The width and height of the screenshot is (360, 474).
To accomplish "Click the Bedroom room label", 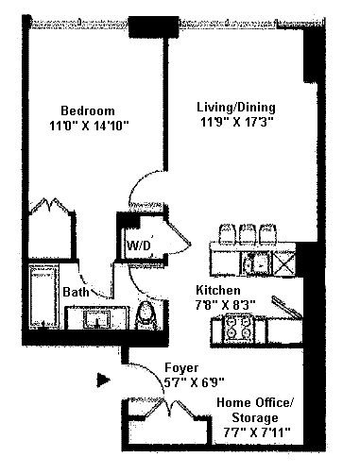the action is point(88,110).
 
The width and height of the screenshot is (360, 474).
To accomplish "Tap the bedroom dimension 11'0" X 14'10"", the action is point(89,126).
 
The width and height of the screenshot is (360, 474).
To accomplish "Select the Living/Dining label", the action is point(236,108).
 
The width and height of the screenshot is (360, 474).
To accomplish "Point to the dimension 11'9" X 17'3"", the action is point(236,122).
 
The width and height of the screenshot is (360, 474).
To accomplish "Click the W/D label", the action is point(139,245).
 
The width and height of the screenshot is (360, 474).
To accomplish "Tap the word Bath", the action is point(76,292).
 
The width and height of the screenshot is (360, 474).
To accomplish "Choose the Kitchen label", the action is point(218,290).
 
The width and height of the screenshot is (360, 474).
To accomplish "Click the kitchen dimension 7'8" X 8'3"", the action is point(225,305).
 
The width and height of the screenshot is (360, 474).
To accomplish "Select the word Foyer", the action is point(181,368).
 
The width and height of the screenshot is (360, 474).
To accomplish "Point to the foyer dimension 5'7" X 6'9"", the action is point(195,382).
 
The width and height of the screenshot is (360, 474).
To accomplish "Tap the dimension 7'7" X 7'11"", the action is point(257,432).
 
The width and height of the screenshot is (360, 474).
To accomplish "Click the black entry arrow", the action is point(103,381).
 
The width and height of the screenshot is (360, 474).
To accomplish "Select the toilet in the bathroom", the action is point(146,315).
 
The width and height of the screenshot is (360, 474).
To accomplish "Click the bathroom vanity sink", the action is point(97,319).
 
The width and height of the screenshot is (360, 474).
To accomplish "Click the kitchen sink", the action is point(257,262).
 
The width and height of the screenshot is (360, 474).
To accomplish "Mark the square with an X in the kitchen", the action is point(284,262).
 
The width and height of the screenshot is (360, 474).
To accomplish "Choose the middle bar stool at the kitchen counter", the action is point(248,233).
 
